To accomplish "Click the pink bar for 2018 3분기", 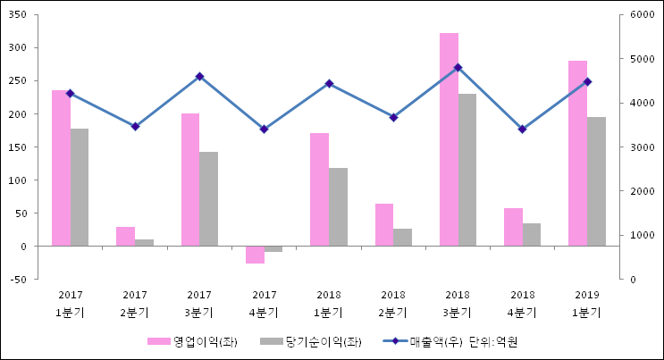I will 449,139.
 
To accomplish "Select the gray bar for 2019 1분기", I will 596,181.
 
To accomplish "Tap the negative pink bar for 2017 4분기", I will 255,255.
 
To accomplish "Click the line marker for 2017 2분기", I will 135,126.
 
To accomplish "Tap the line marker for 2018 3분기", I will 458,67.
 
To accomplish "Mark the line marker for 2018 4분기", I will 522,129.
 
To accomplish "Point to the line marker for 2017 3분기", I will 199,77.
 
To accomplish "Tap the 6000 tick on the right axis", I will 643,15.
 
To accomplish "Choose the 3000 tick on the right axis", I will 643,147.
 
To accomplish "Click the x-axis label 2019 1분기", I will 587,304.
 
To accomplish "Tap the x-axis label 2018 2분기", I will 393,304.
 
